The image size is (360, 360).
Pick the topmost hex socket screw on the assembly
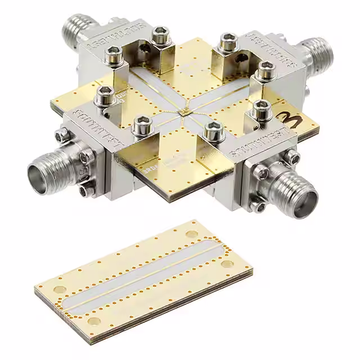click(161, 34)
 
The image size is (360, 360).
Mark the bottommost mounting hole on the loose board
click(94, 321)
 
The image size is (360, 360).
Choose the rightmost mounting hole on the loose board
click(227, 263)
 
